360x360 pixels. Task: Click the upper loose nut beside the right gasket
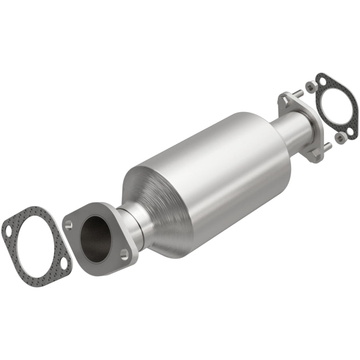click(309, 85)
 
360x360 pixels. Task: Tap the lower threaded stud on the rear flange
click(327, 147)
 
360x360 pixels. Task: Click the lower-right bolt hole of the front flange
click(124, 255)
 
